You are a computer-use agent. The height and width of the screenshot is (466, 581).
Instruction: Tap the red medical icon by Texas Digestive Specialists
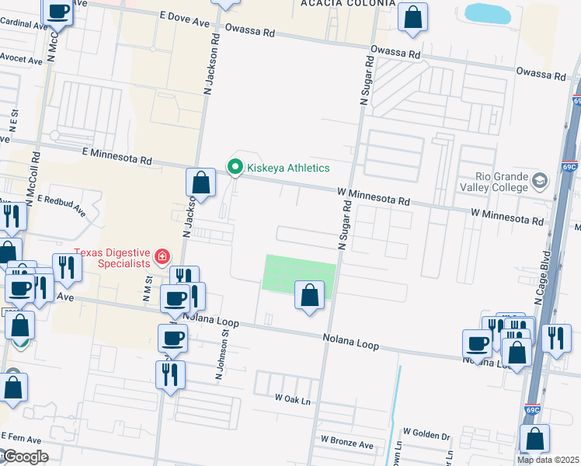click(162, 256)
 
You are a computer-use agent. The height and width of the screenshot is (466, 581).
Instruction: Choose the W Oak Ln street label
click(292, 398)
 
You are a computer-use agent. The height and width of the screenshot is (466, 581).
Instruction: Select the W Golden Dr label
click(426, 432)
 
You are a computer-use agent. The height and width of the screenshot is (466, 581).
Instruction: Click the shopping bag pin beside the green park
click(309, 295)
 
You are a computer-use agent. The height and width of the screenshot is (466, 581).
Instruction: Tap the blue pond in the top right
click(488, 12)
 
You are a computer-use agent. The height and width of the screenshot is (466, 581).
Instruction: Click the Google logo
click(25, 457)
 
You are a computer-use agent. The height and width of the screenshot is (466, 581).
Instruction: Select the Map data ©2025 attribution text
click(548, 460)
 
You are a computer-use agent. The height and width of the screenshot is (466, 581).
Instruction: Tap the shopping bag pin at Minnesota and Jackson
click(200, 183)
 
